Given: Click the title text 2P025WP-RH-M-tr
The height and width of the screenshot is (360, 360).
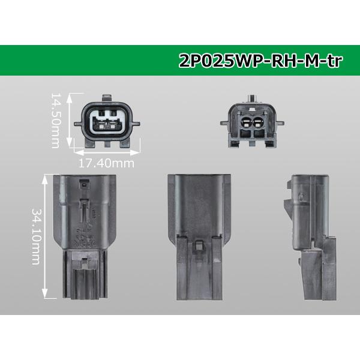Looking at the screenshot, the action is [x=260, y=61].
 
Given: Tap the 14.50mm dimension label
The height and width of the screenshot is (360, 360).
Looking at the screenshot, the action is [x=55, y=121].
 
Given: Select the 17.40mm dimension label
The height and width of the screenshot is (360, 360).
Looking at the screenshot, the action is [x=106, y=163].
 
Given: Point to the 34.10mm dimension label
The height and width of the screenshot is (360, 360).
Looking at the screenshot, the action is [x=36, y=236].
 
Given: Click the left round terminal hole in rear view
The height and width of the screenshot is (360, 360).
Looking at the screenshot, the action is [x=246, y=122].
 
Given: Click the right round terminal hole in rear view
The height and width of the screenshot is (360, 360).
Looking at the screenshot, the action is [x=259, y=122].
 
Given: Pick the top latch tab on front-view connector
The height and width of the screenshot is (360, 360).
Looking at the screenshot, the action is [x=107, y=98].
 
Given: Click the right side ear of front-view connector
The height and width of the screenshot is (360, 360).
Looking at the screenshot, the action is [x=136, y=124].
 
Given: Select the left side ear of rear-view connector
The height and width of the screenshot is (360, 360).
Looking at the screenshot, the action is [x=225, y=123].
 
